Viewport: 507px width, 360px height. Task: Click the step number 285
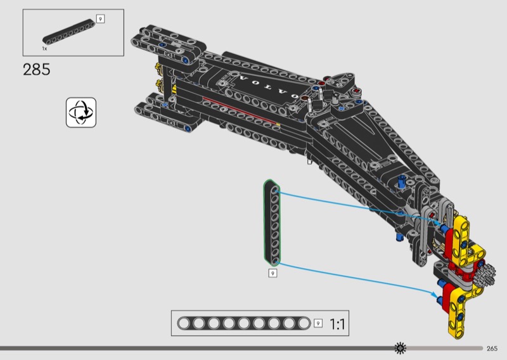(37, 69)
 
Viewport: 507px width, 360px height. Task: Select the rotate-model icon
(81, 112)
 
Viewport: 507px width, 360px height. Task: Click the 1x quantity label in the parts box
(45, 48)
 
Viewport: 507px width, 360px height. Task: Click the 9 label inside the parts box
(100, 19)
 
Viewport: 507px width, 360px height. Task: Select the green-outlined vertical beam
(273, 222)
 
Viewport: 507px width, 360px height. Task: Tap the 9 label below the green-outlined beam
(273, 273)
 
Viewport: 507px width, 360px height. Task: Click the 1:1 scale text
(337, 325)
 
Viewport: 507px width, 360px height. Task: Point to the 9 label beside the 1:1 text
(318, 324)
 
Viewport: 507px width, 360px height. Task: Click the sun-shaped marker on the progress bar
(400, 348)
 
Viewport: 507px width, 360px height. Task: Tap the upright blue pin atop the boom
(402, 183)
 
